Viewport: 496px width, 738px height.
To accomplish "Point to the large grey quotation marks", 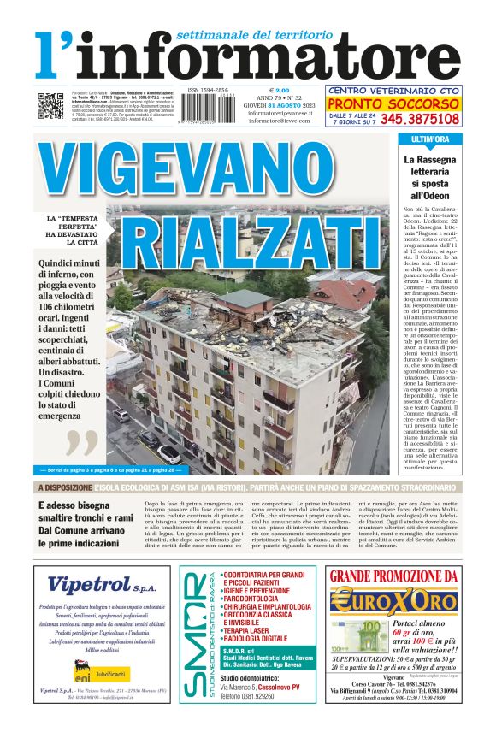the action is [83, 444].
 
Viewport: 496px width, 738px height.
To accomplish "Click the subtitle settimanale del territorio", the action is [253, 35].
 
